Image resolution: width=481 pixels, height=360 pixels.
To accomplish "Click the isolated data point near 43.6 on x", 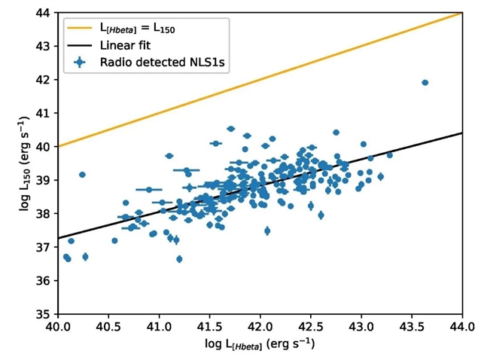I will point(425,83).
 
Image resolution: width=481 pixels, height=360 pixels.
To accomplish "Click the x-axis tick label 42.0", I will point(260,328).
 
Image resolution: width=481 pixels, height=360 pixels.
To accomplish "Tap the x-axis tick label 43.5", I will point(412,328).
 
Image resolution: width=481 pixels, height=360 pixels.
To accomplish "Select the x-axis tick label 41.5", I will point(209,328).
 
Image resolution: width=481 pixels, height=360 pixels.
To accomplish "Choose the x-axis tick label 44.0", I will point(462,328).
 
